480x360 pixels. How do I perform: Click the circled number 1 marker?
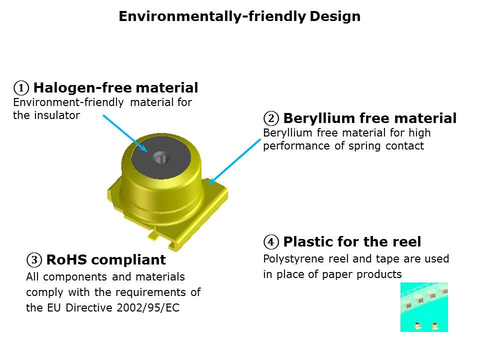coord(21,88)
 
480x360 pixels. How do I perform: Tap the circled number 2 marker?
coord(271,118)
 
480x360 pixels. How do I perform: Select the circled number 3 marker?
coord(34,260)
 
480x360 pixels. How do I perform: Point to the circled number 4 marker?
coord(271,242)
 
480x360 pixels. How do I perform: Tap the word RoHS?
coord(66,260)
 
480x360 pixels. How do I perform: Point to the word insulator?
coord(57,115)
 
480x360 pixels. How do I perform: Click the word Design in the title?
coord(335,16)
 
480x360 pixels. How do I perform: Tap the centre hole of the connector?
coord(161,157)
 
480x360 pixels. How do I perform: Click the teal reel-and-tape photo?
coord(424,307)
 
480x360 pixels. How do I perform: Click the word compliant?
coord(128,260)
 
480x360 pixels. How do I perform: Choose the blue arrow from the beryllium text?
coord(234,162)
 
